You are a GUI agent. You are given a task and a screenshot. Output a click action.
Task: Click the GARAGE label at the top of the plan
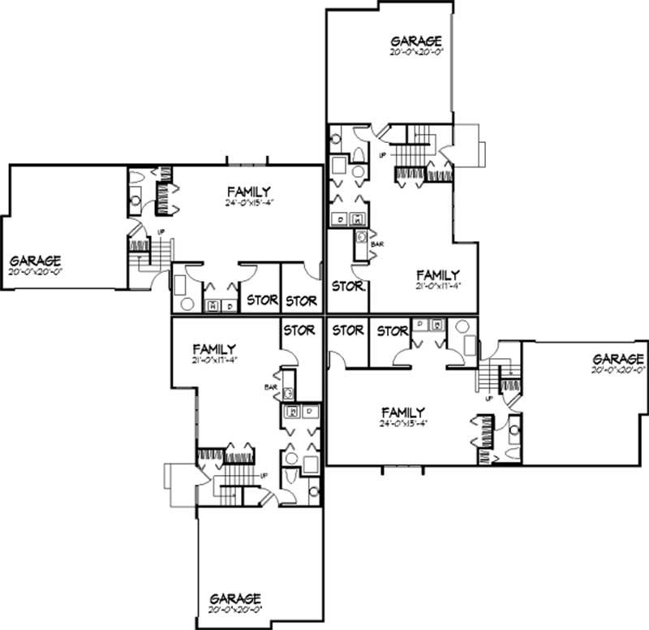(415, 41)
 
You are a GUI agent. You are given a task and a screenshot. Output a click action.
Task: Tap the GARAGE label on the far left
(35, 261)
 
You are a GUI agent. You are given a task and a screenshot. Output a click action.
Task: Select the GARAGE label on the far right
(618, 359)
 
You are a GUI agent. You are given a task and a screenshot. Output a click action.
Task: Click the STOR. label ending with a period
(348, 286)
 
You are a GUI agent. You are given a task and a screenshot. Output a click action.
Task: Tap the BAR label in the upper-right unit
(376, 244)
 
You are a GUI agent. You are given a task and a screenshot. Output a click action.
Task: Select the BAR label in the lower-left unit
(271, 387)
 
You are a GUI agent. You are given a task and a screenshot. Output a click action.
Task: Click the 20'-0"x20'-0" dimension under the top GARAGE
(415, 52)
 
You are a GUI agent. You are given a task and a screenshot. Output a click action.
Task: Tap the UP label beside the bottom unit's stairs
(264, 475)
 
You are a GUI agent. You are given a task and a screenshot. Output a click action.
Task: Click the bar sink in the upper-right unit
(362, 238)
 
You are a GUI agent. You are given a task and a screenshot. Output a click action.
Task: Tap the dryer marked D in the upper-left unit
(230, 305)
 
